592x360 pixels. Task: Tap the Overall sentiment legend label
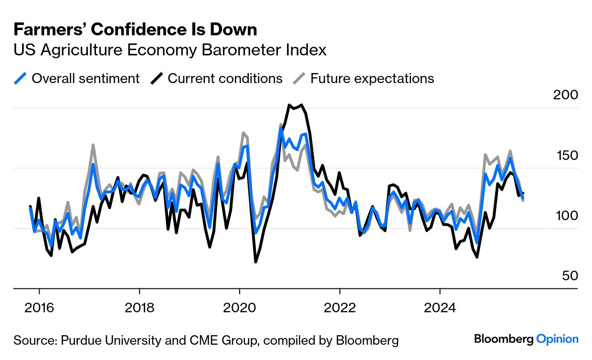85,78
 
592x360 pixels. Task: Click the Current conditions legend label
225,78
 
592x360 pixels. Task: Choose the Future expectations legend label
372,78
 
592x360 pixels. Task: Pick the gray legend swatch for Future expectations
299,78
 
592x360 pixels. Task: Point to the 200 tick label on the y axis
565,95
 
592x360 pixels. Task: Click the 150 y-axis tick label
565,156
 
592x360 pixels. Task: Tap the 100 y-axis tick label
565,216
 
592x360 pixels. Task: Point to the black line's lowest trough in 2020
255,262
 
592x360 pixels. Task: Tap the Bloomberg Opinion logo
526,339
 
